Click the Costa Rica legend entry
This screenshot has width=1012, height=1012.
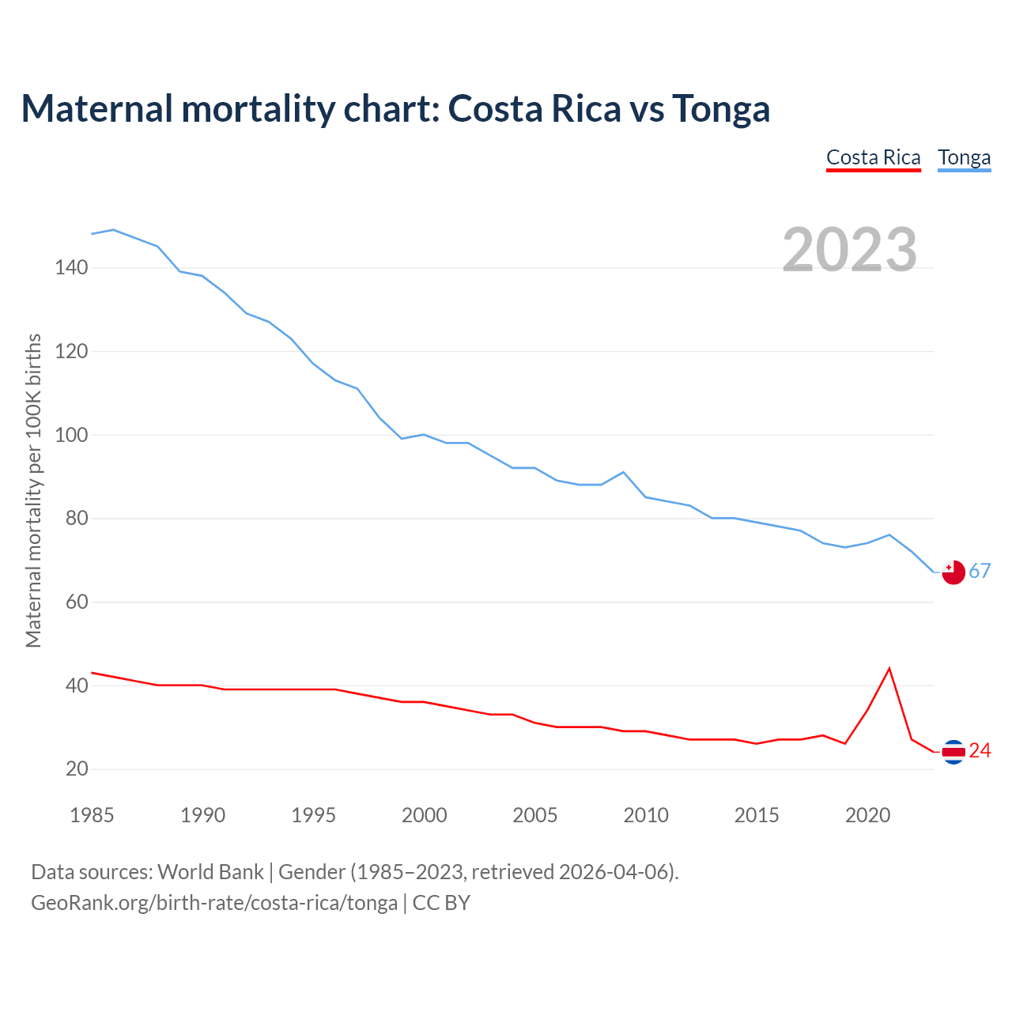873,157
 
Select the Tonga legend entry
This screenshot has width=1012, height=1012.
964,157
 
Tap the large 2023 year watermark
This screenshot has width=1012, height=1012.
849,250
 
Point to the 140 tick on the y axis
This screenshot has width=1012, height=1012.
71,268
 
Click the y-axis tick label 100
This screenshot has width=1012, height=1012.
71,435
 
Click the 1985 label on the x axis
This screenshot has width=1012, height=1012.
92,815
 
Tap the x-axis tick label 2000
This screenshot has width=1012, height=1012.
425,815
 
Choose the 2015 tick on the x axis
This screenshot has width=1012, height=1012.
757,815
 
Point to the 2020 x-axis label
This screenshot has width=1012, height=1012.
867,815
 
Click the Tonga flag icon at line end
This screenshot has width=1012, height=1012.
953,572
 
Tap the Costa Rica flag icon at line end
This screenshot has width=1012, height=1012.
953,752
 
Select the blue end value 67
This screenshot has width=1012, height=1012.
980,572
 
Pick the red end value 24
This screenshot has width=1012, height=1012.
980,751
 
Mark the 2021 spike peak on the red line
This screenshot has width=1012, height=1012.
889,669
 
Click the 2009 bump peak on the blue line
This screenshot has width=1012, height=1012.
624,472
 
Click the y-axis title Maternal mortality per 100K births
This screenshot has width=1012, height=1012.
33,490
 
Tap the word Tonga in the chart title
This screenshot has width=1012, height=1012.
721,108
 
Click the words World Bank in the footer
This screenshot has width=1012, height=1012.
210,872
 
